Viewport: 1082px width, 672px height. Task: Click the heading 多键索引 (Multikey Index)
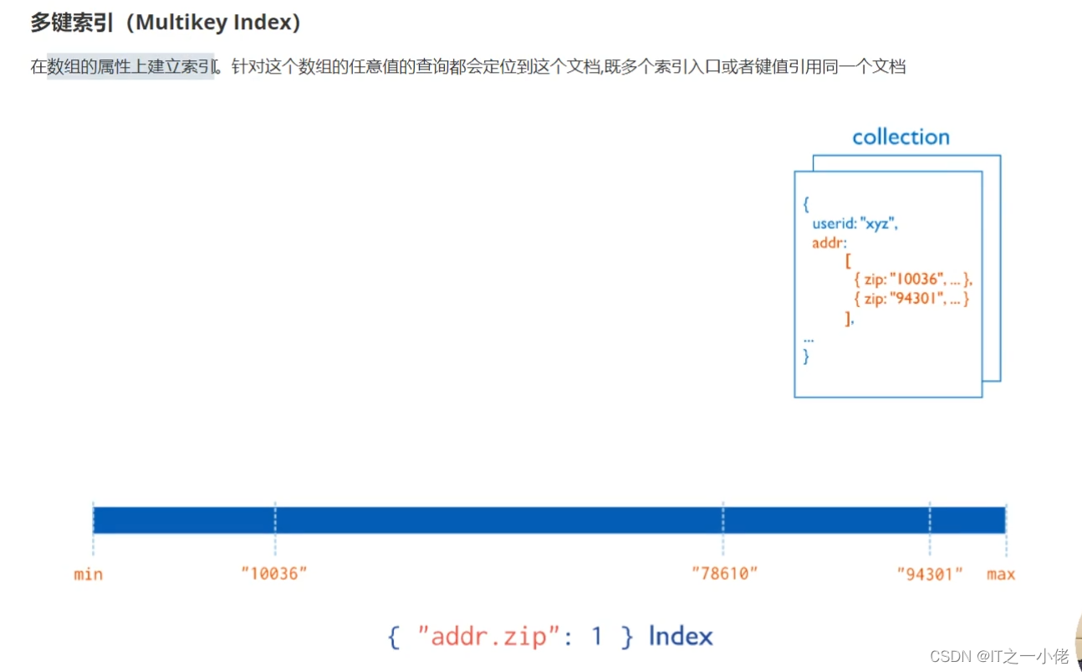pyautogui.click(x=166, y=23)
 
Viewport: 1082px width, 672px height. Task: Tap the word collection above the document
pyautogui.click(x=901, y=137)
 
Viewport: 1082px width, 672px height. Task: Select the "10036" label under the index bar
pyautogui.click(x=274, y=574)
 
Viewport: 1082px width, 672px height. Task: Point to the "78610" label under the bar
pyautogui.click(x=724, y=574)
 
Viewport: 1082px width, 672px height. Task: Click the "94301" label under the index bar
pyautogui.click(x=930, y=574)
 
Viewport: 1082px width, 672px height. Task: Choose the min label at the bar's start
pyautogui.click(x=88, y=574)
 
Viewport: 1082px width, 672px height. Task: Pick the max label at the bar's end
pyautogui.click(x=1001, y=574)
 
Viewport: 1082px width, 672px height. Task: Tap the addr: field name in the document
pyautogui.click(x=829, y=243)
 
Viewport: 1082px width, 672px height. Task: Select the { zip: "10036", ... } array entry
pyautogui.click(x=913, y=280)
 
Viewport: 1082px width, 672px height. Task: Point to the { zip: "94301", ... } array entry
pyautogui.click(x=911, y=299)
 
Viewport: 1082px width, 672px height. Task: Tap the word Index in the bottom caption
pyautogui.click(x=681, y=637)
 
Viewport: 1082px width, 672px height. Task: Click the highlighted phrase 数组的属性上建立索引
pyautogui.click(x=130, y=67)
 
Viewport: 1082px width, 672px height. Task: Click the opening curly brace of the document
pyautogui.click(x=806, y=204)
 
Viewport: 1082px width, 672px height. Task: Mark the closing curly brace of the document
pyautogui.click(x=806, y=357)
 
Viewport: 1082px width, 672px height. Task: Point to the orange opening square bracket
pyautogui.click(x=848, y=261)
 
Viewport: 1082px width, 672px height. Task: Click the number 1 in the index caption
pyautogui.click(x=597, y=637)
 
